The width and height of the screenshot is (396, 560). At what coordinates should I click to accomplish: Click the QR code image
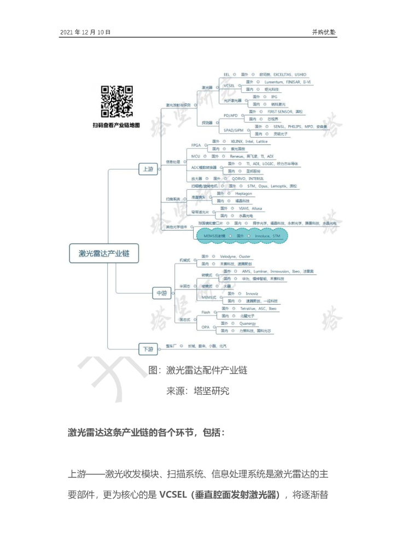pyautogui.click(x=117, y=102)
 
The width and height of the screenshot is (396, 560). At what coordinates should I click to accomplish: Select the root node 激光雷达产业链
pyautogui.click(x=104, y=253)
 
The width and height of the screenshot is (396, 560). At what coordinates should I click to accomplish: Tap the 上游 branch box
pyautogui.click(x=148, y=169)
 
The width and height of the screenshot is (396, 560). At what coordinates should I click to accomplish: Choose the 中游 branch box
pyautogui.click(x=161, y=294)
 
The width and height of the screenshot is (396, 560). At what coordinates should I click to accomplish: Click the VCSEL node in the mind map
pyautogui.click(x=229, y=85)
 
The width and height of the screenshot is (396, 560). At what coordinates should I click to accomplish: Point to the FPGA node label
pyautogui.click(x=196, y=145)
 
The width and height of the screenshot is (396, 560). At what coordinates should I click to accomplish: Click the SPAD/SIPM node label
pyautogui.click(x=234, y=130)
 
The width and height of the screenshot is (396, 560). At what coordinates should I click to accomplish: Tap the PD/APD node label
pyautogui.click(x=230, y=115)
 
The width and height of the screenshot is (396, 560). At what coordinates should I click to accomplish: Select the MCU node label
pyautogui.click(x=195, y=156)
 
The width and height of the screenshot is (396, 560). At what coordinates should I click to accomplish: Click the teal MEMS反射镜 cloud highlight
pyautogui.click(x=241, y=236)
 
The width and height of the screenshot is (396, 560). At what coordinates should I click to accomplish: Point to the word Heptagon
pyautogui.click(x=243, y=194)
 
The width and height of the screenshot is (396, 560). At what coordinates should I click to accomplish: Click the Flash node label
pyautogui.click(x=206, y=312)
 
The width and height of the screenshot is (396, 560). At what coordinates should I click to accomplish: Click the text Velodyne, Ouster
pyautogui.click(x=235, y=256)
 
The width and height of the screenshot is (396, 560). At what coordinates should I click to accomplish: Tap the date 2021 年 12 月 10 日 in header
pyautogui.click(x=85, y=32)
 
